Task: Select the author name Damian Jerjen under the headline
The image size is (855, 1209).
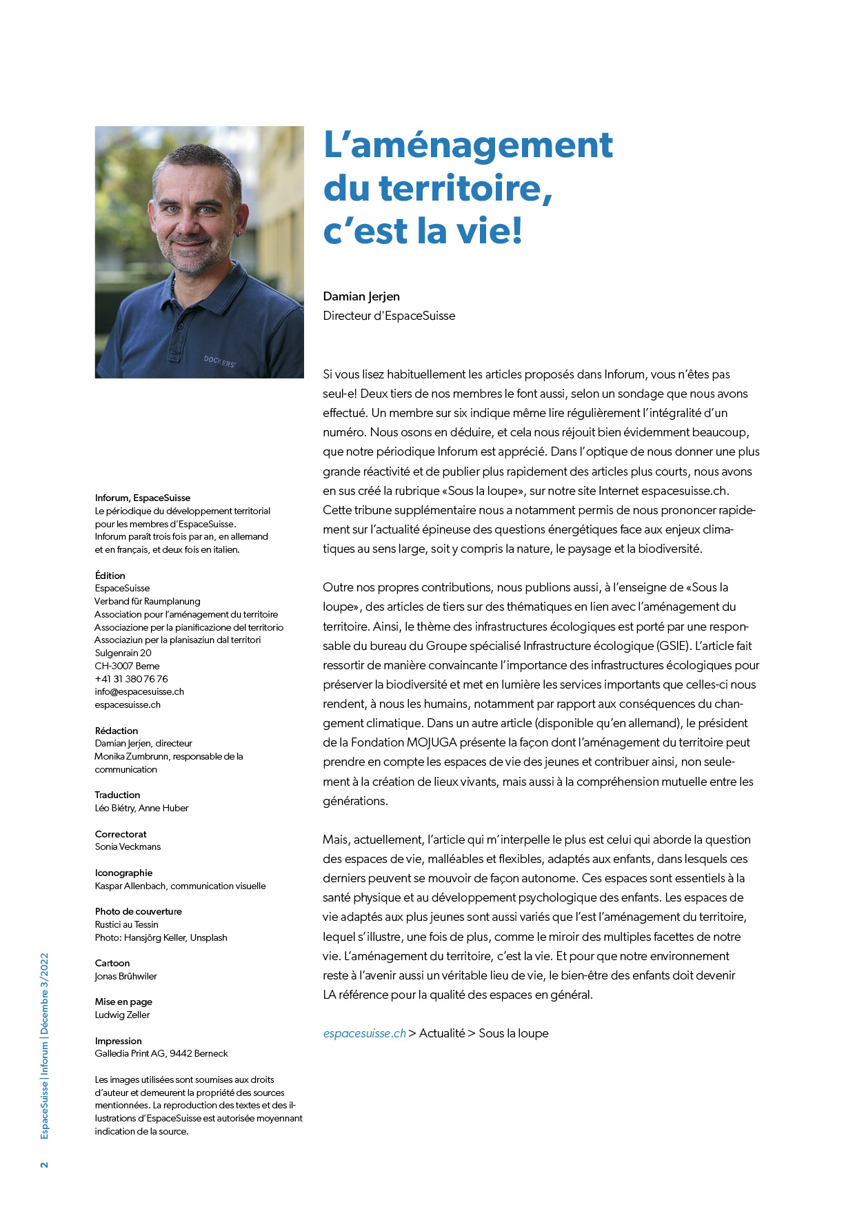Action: click(x=361, y=296)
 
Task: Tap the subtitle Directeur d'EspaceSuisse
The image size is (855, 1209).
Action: click(x=389, y=316)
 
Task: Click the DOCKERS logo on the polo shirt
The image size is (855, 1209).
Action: click(x=219, y=360)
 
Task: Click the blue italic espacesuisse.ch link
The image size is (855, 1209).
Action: click(x=364, y=1033)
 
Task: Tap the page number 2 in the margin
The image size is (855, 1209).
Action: click(x=45, y=1165)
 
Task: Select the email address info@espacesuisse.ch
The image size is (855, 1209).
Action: click(x=139, y=691)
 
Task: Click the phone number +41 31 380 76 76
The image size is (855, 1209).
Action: click(x=131, y=679)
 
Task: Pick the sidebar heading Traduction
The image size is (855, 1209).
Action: click(x=117, y=795)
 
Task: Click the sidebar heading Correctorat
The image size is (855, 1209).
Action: click(x=121, y=834)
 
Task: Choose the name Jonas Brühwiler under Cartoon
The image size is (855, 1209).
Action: click(x=126, y=976)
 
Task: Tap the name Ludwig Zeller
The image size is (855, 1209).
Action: click(x=122, y=1015)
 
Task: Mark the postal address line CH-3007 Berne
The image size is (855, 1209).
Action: click(x=127, y=666)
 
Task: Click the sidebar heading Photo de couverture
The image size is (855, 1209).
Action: click(x=139, y=911)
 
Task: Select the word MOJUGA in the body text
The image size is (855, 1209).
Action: click(x=432, y=742)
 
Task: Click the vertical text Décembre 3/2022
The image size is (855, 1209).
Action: click(x=45, y=995)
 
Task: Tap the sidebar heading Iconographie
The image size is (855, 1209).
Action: click(x=123, y=873)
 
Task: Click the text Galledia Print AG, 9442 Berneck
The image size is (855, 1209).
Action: click(x=161, y=1053)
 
